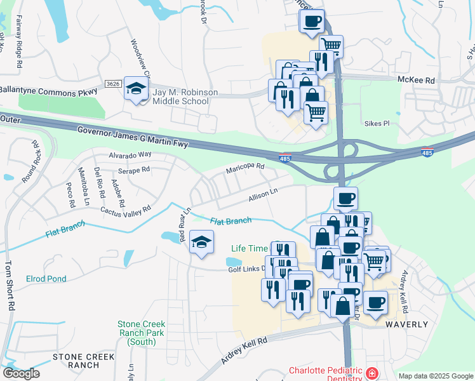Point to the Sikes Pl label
pos(376,123)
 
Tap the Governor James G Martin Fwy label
pos(133,137)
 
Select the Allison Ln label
pos(264,194)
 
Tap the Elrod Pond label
pos(46,279)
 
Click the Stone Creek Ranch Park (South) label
pos(140,332)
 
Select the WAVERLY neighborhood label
pos(407,324)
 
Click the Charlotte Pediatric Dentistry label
pos(325,375)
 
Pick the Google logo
pos(21,373)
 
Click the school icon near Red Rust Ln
pos(201,243)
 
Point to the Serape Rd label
pos(133,170)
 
